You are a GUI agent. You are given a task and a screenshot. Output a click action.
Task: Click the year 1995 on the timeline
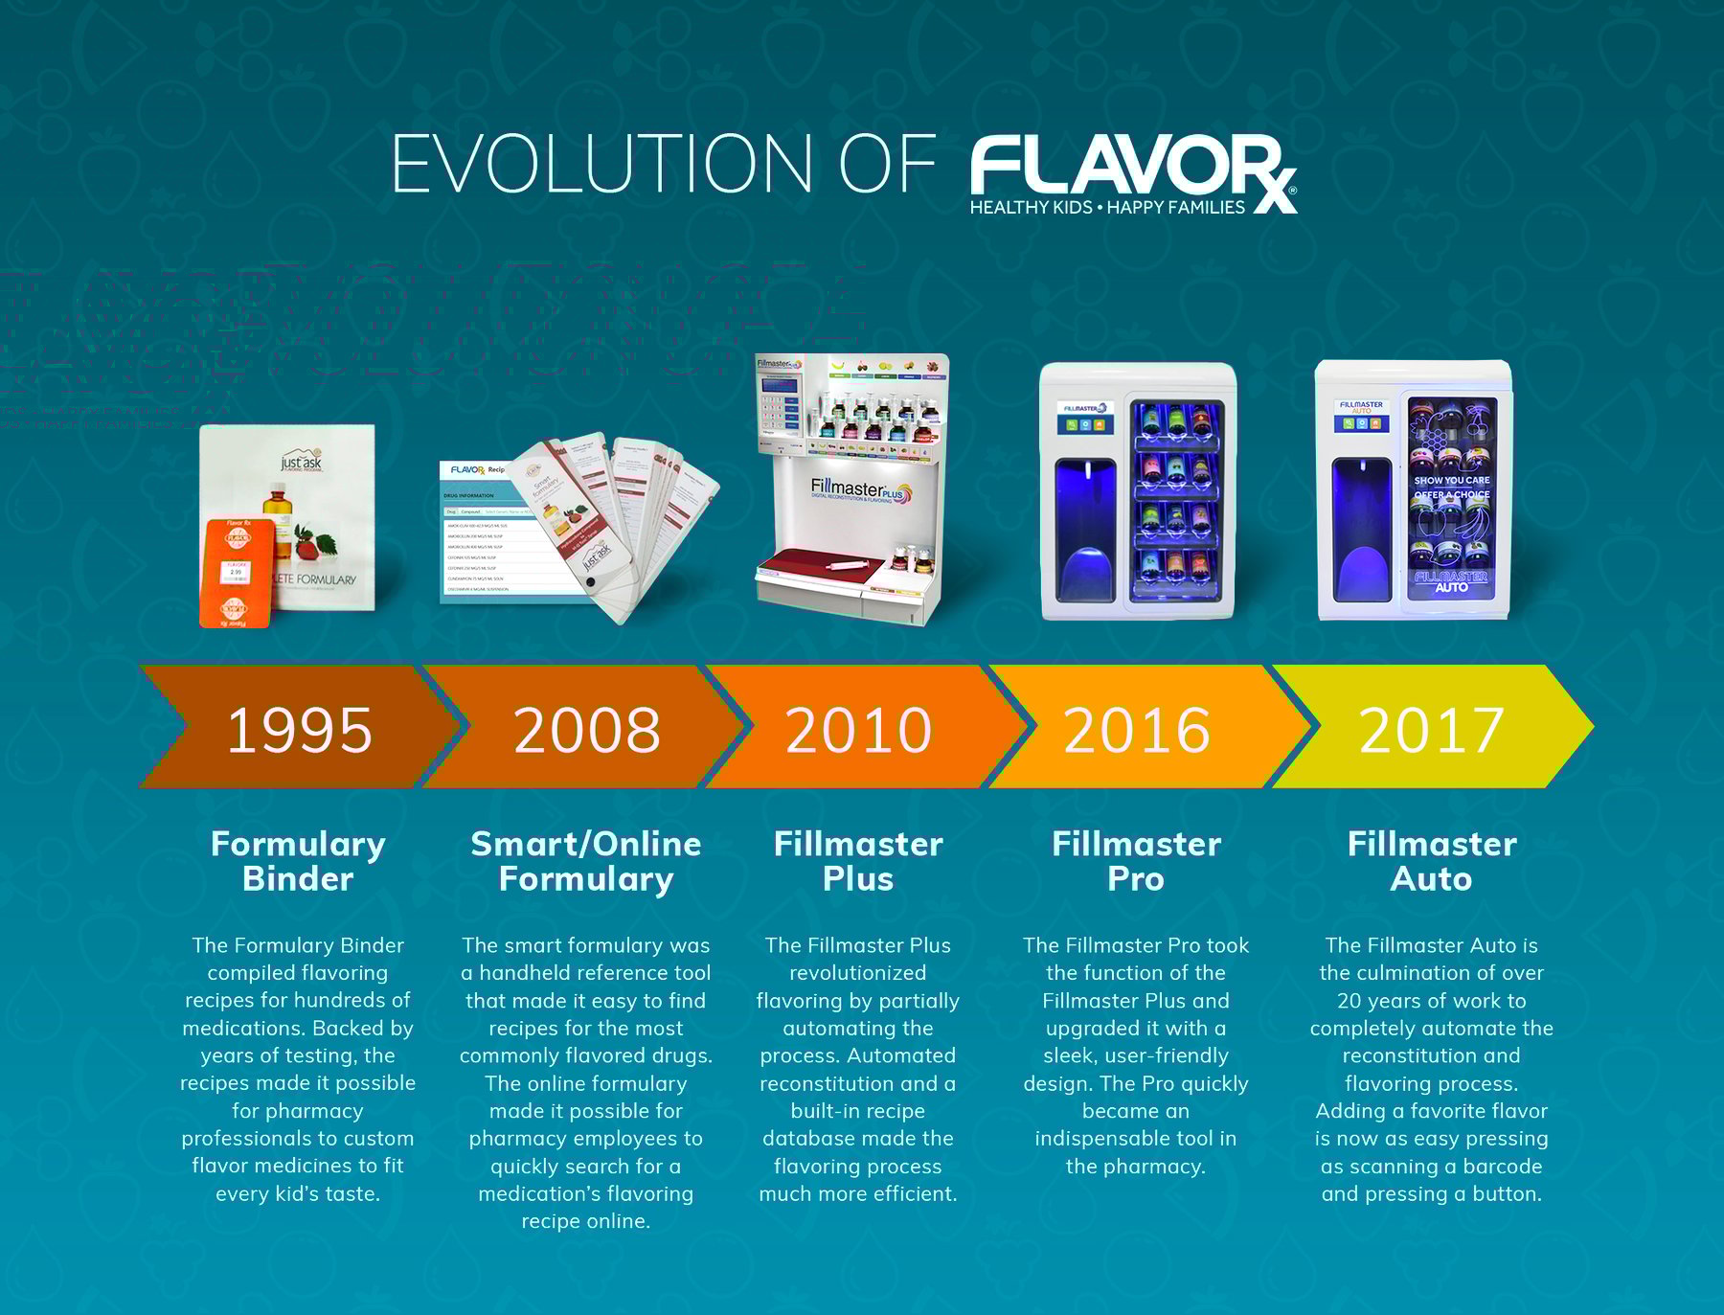tap(299, 730)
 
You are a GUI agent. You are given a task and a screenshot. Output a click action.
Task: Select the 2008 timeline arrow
tap(586, 730)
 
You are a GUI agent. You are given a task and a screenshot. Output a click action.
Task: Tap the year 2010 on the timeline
tap(858, 730)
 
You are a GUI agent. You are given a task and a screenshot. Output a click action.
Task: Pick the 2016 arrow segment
tap(1137, 730)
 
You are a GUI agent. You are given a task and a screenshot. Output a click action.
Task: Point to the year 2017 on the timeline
tap(1431, 730)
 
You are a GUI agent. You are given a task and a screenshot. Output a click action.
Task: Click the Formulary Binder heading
tap(298, 861)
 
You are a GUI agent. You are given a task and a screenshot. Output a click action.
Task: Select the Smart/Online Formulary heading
tap(586, 861)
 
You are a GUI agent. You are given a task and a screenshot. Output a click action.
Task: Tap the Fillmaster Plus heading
tap(858, 861)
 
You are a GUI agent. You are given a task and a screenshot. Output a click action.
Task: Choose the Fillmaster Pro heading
tap(1136, 861)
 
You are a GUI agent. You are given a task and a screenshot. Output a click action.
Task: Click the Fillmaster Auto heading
tap(1431, 861)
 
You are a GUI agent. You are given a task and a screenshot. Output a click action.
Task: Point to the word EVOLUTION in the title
tap(601, 165)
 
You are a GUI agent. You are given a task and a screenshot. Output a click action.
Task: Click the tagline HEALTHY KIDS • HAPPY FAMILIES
tap(1107, 208)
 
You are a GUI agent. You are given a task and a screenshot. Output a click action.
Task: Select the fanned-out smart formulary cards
tap(623, 522)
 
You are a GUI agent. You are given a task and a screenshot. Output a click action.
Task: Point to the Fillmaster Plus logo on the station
tap(860, 491)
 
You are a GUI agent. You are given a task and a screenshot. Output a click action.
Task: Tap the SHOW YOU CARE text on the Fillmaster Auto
tap(1452, 481)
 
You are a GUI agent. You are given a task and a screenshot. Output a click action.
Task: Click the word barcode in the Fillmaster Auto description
tap(1502, 1167)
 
